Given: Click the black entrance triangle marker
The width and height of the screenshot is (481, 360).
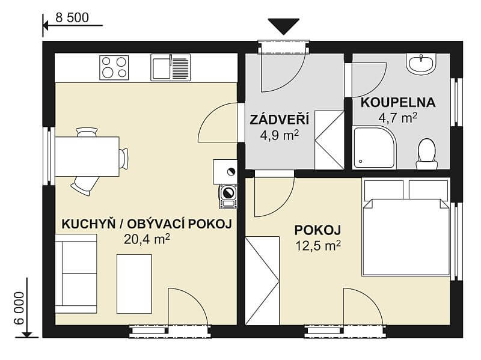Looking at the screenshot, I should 283,26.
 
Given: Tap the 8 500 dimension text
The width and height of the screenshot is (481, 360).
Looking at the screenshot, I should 72,17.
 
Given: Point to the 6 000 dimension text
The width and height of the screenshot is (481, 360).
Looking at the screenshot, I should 18,308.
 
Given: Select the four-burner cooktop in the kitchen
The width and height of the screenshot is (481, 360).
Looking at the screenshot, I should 114,67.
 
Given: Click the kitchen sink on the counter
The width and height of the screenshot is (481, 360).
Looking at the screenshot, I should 170,67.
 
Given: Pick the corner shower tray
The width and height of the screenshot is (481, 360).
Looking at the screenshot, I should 373,147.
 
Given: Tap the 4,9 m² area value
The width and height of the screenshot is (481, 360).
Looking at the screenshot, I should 280,135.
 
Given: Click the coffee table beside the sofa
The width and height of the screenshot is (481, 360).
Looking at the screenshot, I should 133,283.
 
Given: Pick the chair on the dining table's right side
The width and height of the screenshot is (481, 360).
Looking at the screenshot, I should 123,158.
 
